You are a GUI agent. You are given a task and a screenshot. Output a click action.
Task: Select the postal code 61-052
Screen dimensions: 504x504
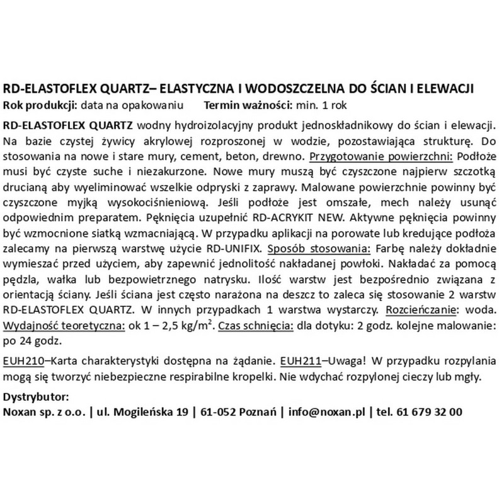218,412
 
